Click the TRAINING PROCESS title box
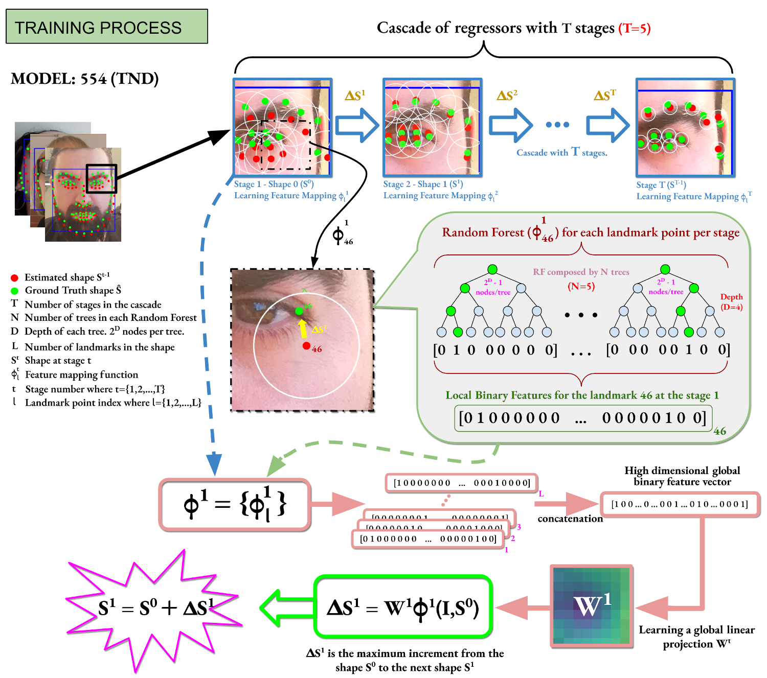point(106,27)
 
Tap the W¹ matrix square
point(592,605)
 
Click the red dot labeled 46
point(306,346)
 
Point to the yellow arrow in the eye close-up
point(303,329)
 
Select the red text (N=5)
point(581,286)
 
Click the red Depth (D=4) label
point(731,302)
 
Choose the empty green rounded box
point(402,606)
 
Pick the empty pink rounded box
point(235,504)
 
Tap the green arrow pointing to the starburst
point(286,607)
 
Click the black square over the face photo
point(101,178)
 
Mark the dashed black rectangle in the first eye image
point(285,145)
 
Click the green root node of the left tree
point(492,269)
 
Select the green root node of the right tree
point(665,269)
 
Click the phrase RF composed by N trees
point(581,272)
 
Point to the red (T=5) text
point(634,29)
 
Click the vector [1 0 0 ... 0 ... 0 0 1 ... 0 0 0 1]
point(680,504)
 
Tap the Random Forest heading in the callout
point(591,233)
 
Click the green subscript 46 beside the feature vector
point(720,431)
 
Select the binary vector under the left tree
point(494,350)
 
